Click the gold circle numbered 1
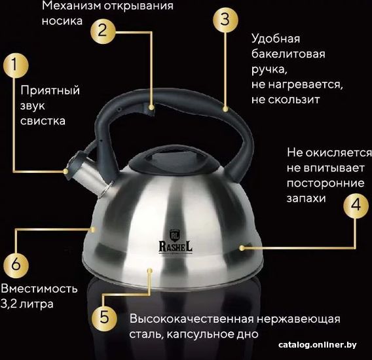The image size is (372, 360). click(16, 65)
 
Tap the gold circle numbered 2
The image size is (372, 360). click(103, 31)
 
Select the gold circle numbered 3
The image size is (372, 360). click(225, 20)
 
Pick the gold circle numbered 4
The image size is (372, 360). click(356, 206)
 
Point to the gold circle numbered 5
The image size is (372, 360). click(104, 318)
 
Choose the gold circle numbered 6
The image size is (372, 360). click(16, 265)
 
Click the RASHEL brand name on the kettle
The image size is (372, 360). click(176, 247)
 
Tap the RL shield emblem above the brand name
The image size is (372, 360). click(176, 235)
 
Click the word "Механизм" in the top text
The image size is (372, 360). click(71, 6)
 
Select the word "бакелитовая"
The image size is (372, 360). click(288, 54)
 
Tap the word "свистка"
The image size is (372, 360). click(43, 120)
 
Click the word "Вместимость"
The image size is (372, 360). click(39, 289)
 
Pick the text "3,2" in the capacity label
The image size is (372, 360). click(9, 304)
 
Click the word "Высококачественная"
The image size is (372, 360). click(192, 319)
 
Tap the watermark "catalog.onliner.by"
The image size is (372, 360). click(318, 344)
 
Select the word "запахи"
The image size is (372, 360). click(306, 198)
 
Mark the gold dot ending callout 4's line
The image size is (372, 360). click(242, 248)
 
